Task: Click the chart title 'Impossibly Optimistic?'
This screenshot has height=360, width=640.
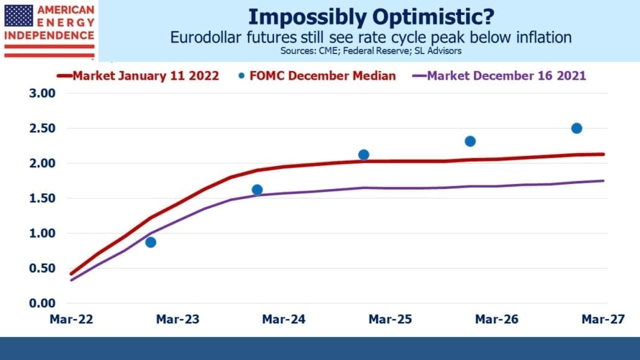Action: tap(371, 17)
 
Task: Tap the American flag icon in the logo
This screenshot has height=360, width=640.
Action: tap(19, 16)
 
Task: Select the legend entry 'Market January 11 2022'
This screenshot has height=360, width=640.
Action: tap(138, 76)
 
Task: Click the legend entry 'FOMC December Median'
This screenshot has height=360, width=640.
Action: tap(317, 76)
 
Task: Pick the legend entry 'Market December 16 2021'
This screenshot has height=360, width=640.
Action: tap(499, 76)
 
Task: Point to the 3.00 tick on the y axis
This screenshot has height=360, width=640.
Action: tap(42, 93)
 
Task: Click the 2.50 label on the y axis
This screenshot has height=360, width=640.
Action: tap(42, 128)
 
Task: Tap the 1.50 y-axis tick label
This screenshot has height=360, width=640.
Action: tap(42, 198)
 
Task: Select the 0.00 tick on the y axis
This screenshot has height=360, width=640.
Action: tap(42, 303)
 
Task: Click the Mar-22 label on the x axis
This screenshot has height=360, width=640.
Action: tap(71, 319)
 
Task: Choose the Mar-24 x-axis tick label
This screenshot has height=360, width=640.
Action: tap(284, 319)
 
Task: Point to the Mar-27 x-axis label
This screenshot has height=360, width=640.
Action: tap(603, 319)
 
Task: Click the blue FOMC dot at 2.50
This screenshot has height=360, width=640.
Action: tap(577, 128)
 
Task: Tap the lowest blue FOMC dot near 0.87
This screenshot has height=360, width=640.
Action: tap(150, 242)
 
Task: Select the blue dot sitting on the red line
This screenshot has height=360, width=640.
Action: tap(363, 155)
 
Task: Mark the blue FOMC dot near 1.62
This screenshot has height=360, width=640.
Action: tap(257, 190)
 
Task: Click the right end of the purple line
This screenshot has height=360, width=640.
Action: tap(604, 180)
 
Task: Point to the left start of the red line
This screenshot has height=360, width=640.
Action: tap(71, 274)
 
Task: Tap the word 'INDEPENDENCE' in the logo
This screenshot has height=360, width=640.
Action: tap(49, 35)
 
